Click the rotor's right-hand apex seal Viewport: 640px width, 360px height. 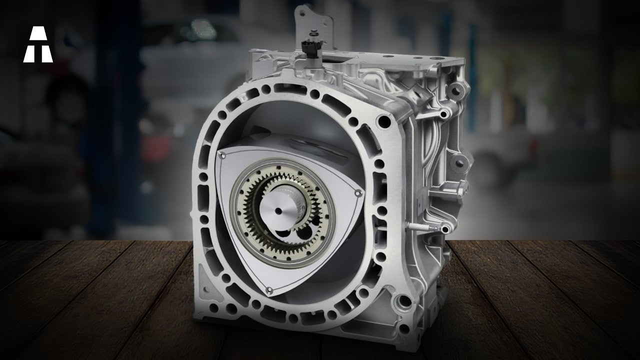[356, 191]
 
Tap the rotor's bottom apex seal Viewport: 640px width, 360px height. [268, 290]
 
